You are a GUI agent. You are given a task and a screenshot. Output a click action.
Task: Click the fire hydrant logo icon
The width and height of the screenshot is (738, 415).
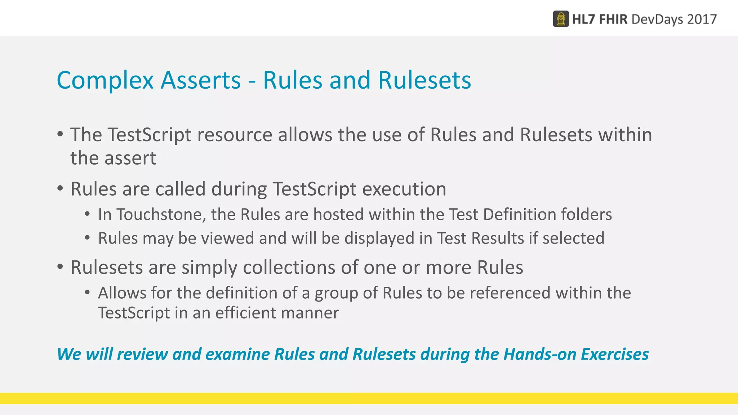[561, 19]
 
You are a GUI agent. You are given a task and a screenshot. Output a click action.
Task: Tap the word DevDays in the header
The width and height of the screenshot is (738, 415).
[657, 19]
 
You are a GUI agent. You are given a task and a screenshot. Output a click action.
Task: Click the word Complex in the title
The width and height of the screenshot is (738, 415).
[105, 80]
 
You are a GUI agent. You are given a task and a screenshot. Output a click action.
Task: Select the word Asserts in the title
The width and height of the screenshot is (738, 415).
[200, 80]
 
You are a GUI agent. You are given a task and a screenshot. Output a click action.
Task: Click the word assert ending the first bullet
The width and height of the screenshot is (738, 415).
[130, 159]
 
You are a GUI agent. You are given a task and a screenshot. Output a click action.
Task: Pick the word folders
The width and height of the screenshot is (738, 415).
[581, 215]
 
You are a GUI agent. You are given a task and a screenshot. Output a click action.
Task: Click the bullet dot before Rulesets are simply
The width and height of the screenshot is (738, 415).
[60, 267]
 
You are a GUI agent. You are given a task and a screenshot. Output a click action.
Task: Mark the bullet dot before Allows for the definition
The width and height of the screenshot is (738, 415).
[87, 292]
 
